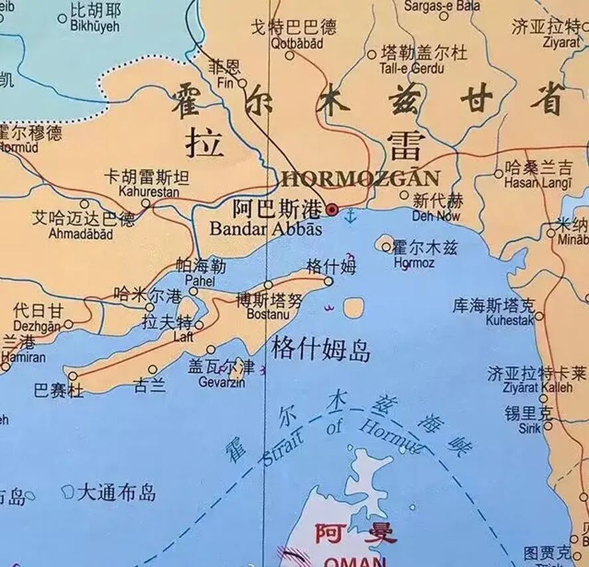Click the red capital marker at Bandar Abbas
(x=332, y=210)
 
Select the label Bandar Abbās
(x=265, y=229)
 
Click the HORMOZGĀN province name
(x=360, y=178)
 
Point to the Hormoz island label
(x=414, y=263)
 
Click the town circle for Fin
(x=243, y=84)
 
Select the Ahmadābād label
(x=80, y=233)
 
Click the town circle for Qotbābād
(x=290, y=55)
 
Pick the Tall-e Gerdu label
(x=411, y=68)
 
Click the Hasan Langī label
(x=538, y=182)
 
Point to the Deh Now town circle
(x=405, y=195)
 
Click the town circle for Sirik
(x=548, y=426)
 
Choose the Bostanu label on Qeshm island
(x=268, y=314)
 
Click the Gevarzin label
(x=222, y=383)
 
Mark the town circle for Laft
(x=198, y=325)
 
